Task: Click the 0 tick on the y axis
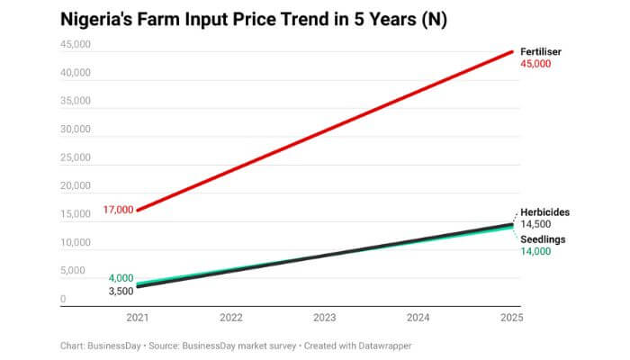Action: (x=63, y=300)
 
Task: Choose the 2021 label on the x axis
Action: (x=138, y=318)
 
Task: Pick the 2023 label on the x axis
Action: (x=325, y=318)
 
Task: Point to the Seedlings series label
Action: (x=543, y=238)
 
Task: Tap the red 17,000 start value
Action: (x=119, y=210)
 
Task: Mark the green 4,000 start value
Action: (x=121, y=278)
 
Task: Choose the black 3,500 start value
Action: (x=121, y=292)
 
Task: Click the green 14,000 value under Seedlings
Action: (x=535, y=252)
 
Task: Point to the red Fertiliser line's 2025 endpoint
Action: (x=512, y=51)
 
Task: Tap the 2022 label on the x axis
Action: (x=231, y=318)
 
